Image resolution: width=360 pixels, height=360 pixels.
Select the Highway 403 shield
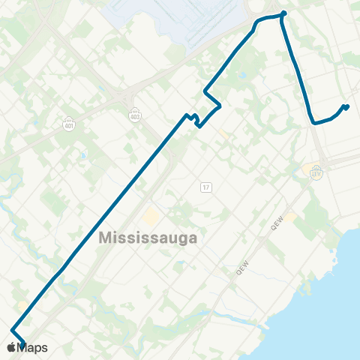[135, 115]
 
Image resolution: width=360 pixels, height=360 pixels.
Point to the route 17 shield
[205, 186]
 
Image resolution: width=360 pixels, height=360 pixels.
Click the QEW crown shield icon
[316, 172]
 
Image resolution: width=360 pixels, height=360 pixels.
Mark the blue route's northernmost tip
[283, 13]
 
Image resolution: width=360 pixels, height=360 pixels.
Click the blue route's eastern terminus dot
[346, 106]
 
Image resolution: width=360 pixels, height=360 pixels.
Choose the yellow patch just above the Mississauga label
[151, 217]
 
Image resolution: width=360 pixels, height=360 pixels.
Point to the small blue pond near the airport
[241, 76]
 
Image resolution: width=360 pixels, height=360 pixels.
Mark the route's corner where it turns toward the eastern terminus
[312, 121]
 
